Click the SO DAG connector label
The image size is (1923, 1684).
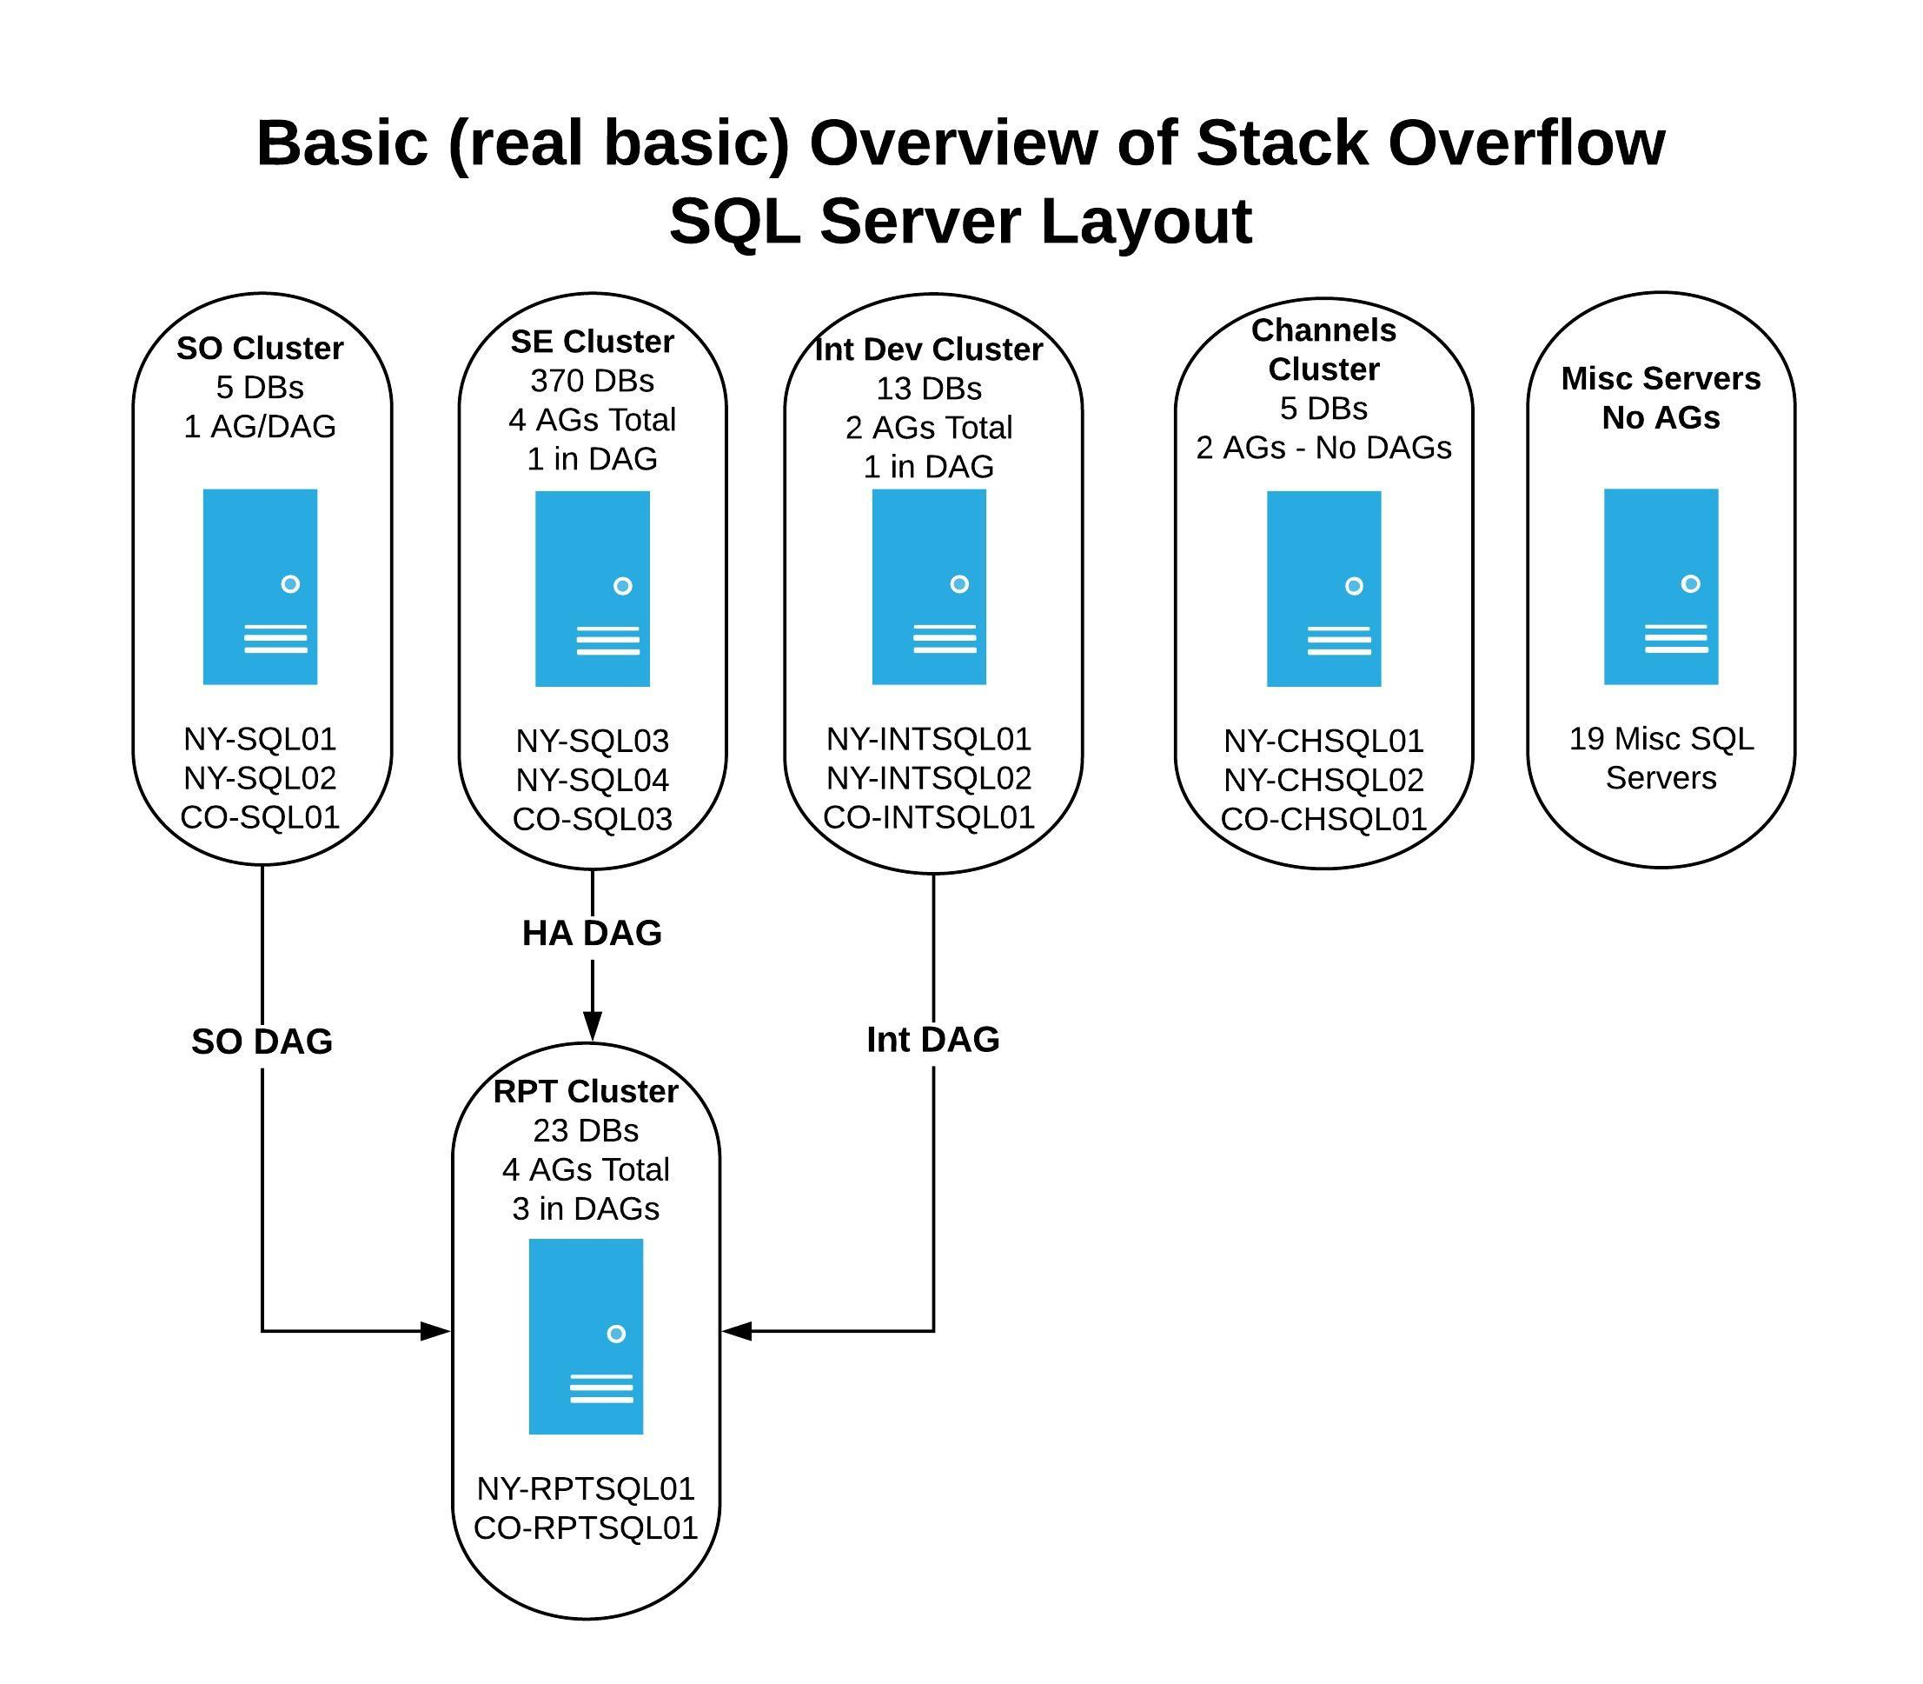(262, 1042)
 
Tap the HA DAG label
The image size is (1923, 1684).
(592, 933)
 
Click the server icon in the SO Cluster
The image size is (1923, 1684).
(260, 586)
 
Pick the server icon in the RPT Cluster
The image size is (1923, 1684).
(586, 1336)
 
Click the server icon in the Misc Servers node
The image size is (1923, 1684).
(1660, 586)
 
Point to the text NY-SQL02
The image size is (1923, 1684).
(260, 778)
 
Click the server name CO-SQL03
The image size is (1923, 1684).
(592, 820)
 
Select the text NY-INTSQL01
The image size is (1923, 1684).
(928, 740)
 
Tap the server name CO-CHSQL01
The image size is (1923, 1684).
(1323, 820)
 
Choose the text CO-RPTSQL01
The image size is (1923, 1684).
(586, 1528)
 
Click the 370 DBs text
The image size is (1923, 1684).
(592, 381)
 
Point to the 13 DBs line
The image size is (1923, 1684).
(928, 388)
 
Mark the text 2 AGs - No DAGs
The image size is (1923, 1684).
(1323, 449)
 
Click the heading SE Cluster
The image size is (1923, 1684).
(592, 341)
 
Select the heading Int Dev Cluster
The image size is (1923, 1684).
(928, 349)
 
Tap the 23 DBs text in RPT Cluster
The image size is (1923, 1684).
(586, 1130)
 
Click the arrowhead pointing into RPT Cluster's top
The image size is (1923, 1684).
(592, 1026)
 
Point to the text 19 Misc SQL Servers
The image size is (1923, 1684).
(1660, 758)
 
